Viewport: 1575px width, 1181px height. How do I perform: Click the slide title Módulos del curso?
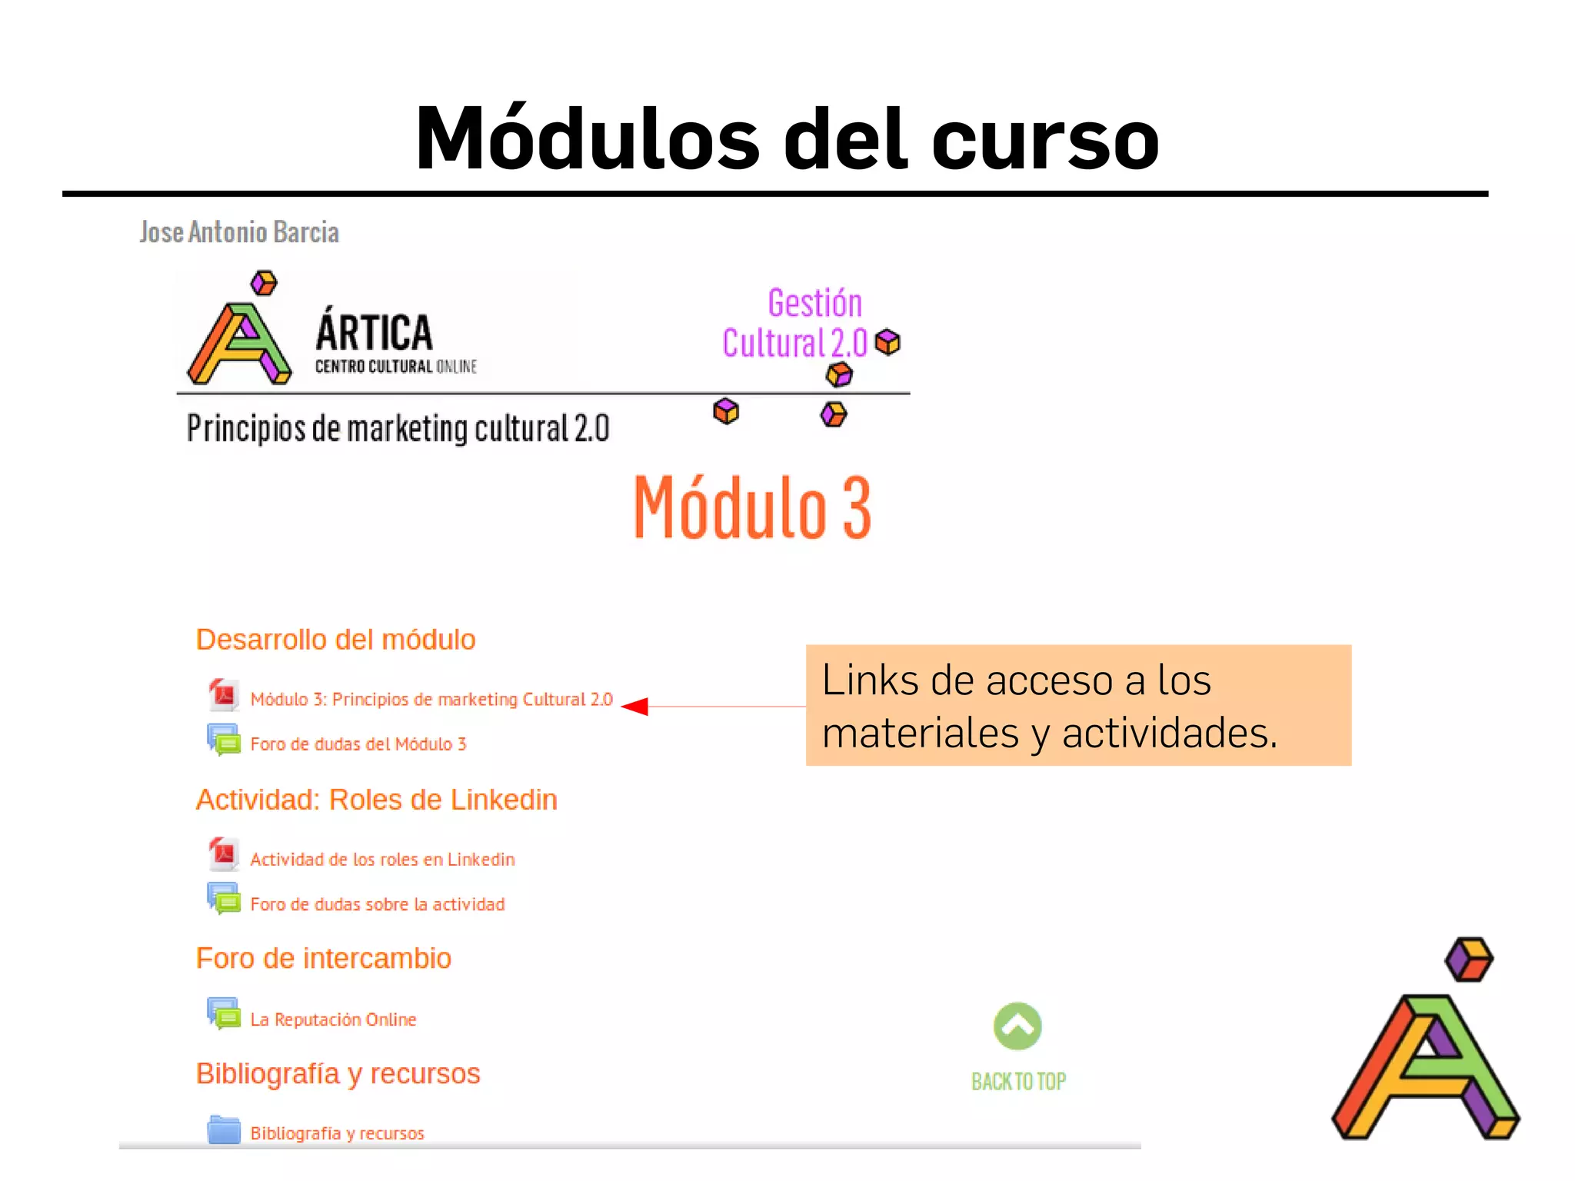(x=787, y=139)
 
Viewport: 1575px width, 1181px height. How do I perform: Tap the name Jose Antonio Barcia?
(x=239, y=232)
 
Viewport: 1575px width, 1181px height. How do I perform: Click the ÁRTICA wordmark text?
(x=375, y=333)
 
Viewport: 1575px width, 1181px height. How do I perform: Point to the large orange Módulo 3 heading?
(x=752, y=507)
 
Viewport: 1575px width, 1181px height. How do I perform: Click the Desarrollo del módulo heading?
(x=335, y=640)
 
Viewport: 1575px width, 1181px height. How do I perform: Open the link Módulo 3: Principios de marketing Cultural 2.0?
(x=431, y=700)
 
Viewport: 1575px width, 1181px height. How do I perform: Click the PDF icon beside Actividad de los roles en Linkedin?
(x=224, y=854)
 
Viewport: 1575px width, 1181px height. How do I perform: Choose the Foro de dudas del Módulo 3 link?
(x=358, y=744)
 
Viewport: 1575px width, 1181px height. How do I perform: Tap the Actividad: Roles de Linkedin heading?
(x=376, y=800)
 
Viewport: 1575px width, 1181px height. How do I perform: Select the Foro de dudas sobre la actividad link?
(x=378, y=904)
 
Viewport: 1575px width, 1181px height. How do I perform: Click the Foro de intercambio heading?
(x=323, y=959)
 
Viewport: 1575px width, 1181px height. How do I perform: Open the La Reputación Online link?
(x=333, y=1020)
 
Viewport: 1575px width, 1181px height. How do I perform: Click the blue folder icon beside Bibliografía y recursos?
(x=224, y=1130)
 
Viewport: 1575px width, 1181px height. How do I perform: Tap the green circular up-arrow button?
(x=1017, y=1026)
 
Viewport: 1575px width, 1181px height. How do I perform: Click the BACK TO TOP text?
(x=1018, y=1082)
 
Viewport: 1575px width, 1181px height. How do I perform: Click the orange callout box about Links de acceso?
(x=1078, y=705)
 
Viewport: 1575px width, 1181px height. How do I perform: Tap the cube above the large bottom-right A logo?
(x=1469, y=960)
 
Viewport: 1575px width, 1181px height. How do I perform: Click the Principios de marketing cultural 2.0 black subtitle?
(x=398, y=429)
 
